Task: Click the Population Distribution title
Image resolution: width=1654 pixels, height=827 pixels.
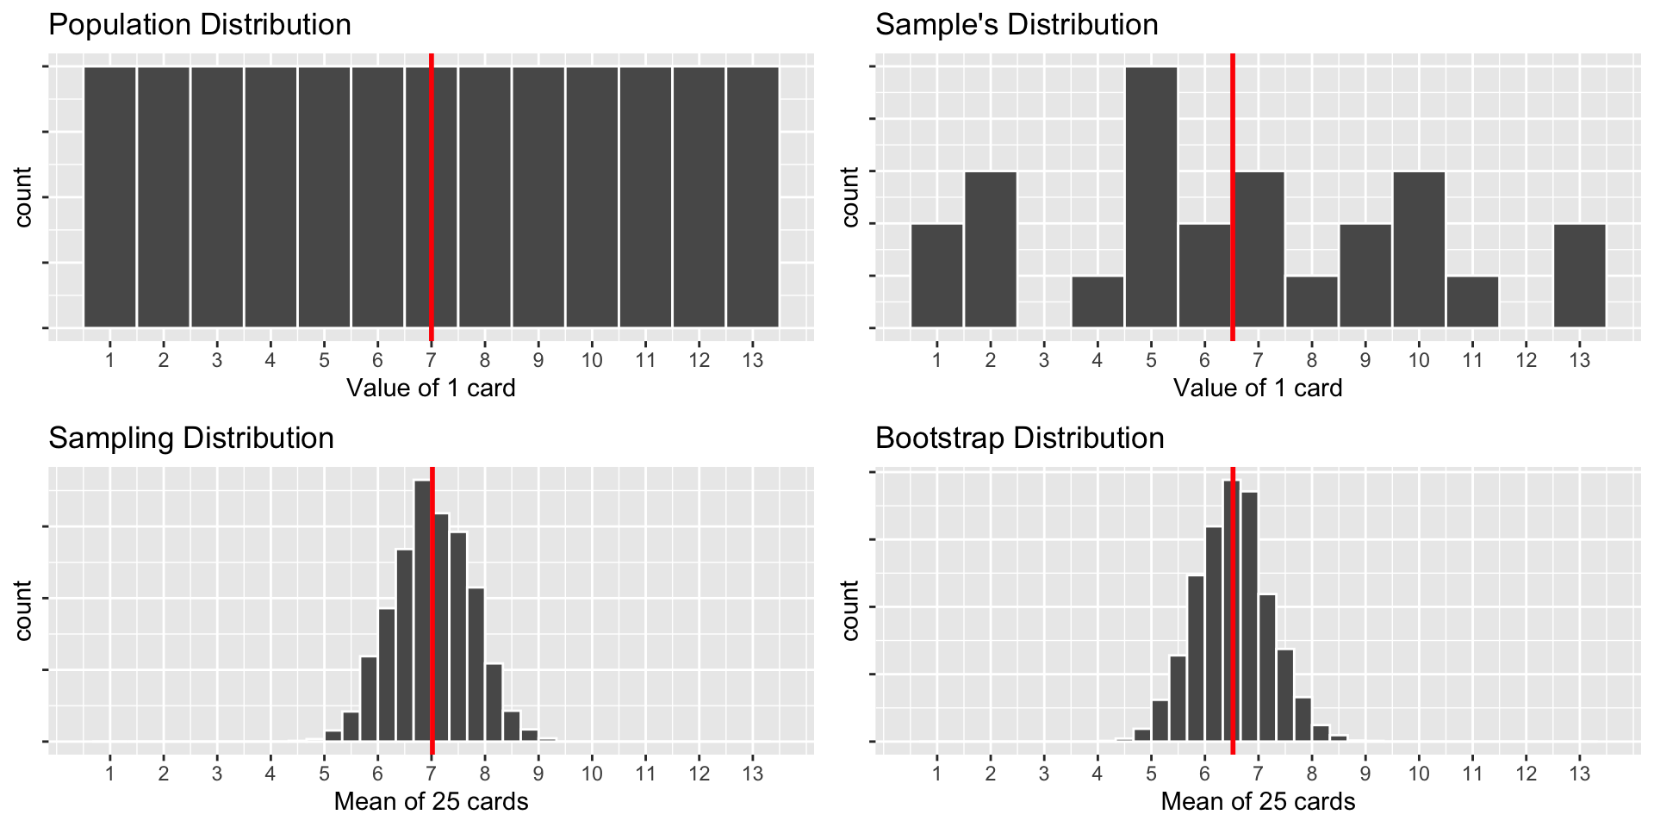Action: click(200, 25)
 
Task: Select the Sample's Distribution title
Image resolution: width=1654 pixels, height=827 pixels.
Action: click(1017, 25)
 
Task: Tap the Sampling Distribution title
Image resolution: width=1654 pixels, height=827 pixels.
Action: click(191, 438)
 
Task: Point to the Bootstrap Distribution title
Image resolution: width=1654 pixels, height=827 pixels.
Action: click(1020, 438)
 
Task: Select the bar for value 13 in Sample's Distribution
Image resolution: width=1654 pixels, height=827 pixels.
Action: click(1580, 276)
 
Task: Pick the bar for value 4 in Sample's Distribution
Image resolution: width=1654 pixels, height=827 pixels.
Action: click(1097, 302)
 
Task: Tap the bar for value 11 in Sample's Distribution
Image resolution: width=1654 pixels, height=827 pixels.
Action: click(1473, 302)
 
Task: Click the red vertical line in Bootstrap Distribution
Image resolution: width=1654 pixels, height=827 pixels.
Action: click(1233, 603)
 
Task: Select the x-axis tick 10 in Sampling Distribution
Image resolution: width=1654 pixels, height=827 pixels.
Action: click(592, 773)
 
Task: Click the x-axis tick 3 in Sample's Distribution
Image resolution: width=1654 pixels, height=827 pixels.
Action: click(1044, 359)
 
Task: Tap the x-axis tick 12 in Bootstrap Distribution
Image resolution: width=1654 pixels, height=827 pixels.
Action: click(1527, 773)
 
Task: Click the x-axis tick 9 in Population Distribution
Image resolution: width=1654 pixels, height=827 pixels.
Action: click(538, 359)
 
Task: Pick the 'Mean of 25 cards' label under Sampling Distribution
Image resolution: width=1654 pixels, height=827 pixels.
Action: click(431, 802)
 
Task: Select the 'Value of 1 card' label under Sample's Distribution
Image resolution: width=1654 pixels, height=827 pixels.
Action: click(1258, 389)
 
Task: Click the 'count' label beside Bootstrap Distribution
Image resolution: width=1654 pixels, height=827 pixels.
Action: click(851, 610)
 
